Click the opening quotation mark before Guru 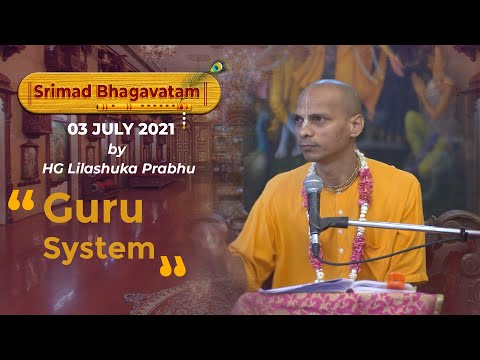click(23, 204)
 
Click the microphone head click(313, 186)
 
